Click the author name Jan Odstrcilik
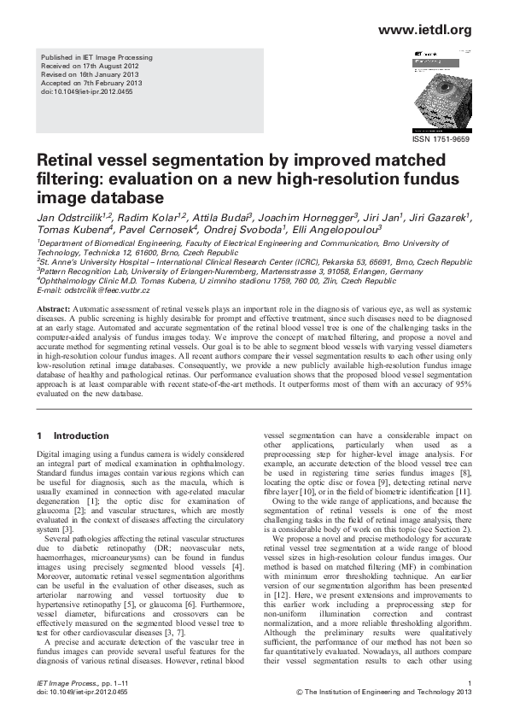(67, 218)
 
